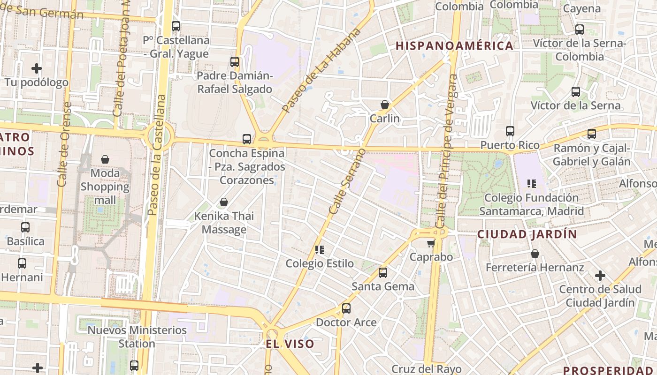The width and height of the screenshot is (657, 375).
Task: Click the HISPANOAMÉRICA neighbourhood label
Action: pos(454,46)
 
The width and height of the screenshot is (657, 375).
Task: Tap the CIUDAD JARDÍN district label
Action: pos(527,234)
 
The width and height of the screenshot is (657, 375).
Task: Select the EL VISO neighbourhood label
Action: pos(290,344)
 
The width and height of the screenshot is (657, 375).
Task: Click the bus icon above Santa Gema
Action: pos(383,272)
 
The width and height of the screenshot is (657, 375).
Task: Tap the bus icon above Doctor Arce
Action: pos(346,308)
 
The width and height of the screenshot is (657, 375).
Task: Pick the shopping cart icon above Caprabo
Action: pos(431,243)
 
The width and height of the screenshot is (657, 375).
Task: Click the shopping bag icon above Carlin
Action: pos(385,105)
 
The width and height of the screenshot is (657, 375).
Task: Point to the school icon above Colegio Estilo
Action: pos(320,249)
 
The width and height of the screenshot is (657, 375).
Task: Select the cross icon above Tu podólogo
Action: pos(37,68)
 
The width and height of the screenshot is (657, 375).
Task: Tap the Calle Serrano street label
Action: pos(347,181)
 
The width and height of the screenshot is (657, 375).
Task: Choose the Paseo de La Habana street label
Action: pos(322,70)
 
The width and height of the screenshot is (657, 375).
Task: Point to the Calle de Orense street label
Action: pos(64,144)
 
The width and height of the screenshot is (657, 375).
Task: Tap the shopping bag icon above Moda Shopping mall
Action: pos(105,159)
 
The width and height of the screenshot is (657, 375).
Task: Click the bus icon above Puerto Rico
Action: pos(510,131)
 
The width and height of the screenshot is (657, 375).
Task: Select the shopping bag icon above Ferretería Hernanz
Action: pos(535,254)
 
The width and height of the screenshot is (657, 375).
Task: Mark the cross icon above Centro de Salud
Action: pos(600,275)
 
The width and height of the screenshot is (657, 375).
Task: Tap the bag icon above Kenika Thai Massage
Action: pos(224,202)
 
